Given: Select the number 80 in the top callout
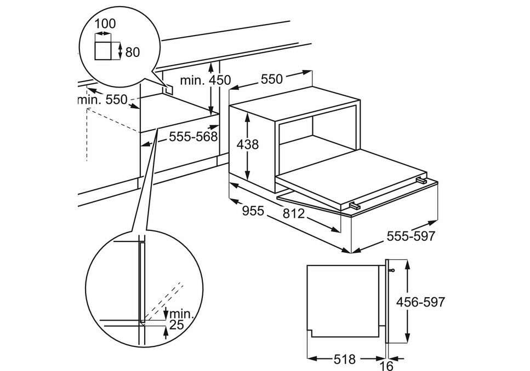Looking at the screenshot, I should coord(132,53).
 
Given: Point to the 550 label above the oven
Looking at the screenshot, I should coord(271,79).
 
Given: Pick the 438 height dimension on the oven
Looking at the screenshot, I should coord(247,144).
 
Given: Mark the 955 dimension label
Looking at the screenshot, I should coord(253,211).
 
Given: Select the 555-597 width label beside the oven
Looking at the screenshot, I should coord(411,236).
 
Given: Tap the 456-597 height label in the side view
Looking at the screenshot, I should coord(420,302).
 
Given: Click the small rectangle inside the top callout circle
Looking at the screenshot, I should coord(105,50).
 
